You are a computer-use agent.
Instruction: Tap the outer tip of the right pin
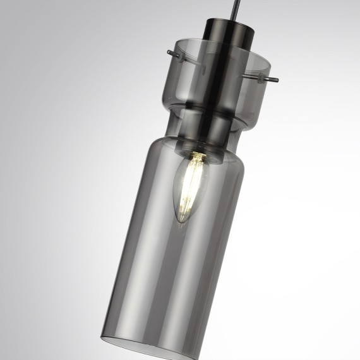[276, 80]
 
